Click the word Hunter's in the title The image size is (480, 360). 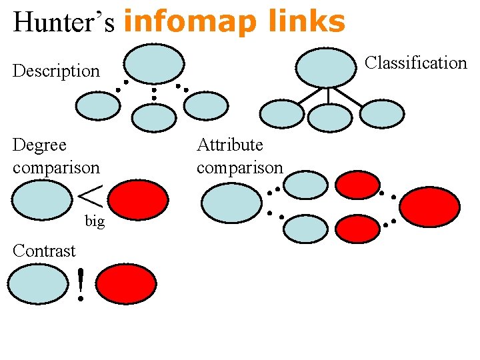pyautogui.click(x=64, y=22)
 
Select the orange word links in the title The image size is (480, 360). pyautogui.click(x=307, y=22)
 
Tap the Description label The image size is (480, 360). pyautogui.click(x=56, y=71)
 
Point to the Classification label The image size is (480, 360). pyautogui.click(x=416, y=63)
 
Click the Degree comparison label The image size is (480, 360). pyautogui.click(x=55, y=156)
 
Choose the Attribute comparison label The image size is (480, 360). pyautogui.click(x=239, y=156)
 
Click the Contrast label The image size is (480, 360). pyautogui.click(x=44, y=251)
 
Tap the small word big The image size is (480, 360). pyautogui.click(x=95, y=221)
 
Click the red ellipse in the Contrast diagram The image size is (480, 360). pyautogui.click(x=127, y=284)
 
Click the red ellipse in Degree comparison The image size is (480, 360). pyautogui.click(x=138, y=201)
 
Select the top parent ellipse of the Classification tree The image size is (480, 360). pyautogui.click(x=326, y=67)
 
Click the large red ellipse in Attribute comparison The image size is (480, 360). pyautogui.click(x=430, y=207)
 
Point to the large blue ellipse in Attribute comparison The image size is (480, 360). pyautogui.click(x=232, y=203)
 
